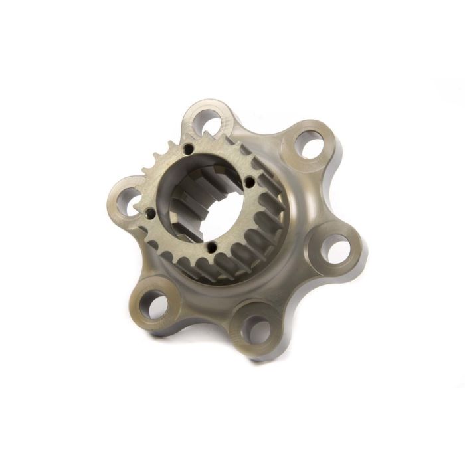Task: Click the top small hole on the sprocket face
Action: (x=189, y=149)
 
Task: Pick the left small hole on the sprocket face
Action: (x=150, y=214)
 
